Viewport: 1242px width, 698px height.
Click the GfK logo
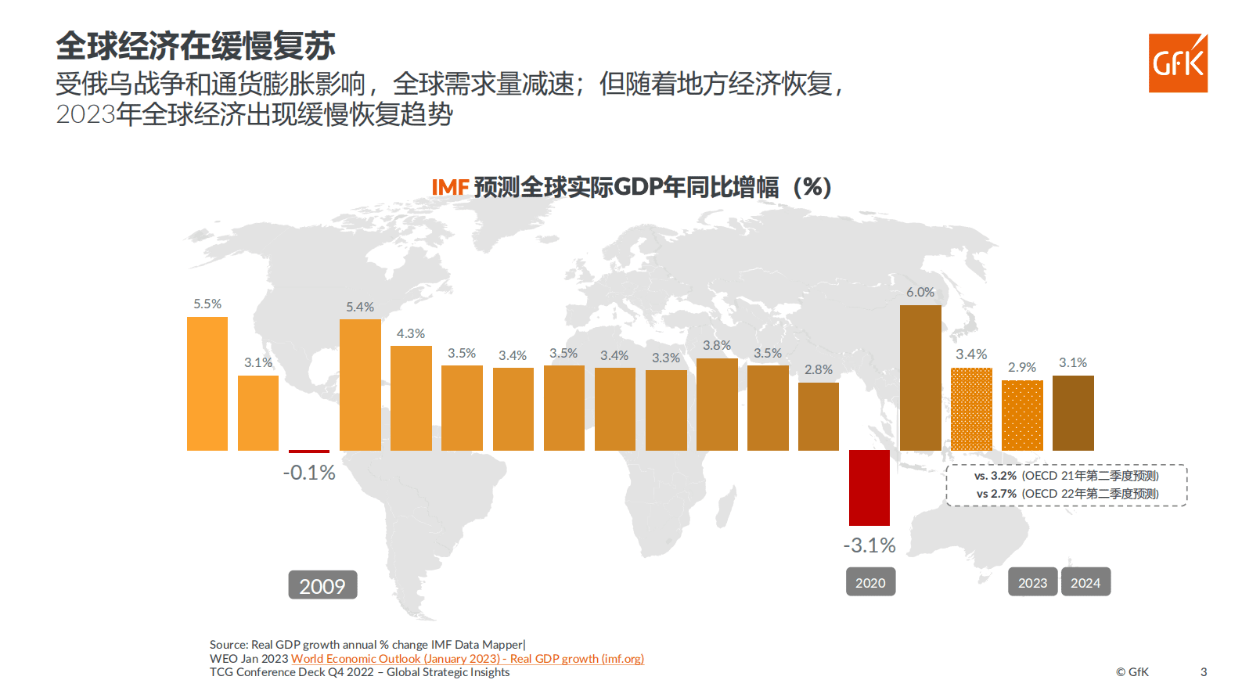click(1178, 63)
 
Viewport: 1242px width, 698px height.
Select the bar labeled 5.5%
click(207, 383)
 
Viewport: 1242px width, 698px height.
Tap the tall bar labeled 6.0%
click(920, 378)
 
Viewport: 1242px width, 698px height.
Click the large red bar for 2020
click(869, 488)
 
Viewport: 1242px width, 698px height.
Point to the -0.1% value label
click(309, 473)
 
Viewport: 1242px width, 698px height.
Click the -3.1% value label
click(869, 545)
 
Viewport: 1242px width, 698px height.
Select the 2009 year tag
click(322, 585)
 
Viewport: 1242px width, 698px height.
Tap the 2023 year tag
click(1032, 582)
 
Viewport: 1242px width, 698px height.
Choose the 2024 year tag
click(1085, 582)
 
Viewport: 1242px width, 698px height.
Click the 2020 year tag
click(870, 582)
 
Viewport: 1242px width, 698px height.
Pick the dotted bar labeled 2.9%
click(1022, 416)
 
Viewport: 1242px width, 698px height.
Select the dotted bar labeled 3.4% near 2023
click(971, 409)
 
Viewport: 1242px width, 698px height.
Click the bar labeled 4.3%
click(411, 398)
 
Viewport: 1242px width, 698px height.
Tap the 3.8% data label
click(717, 345)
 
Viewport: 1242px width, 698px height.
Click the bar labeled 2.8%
click(819, 416)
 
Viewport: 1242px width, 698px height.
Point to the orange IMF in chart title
click(450, 188)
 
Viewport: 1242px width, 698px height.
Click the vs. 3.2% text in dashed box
click(995, 476)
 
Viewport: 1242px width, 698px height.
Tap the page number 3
click(1204, 671)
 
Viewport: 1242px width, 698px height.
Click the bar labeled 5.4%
click(360, 385)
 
